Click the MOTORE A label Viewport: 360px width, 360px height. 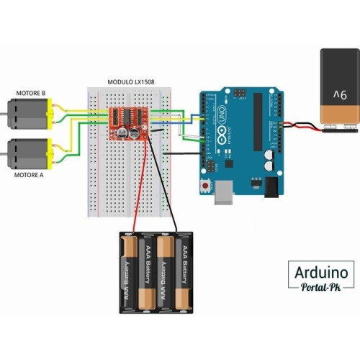[x=30, y=174]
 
